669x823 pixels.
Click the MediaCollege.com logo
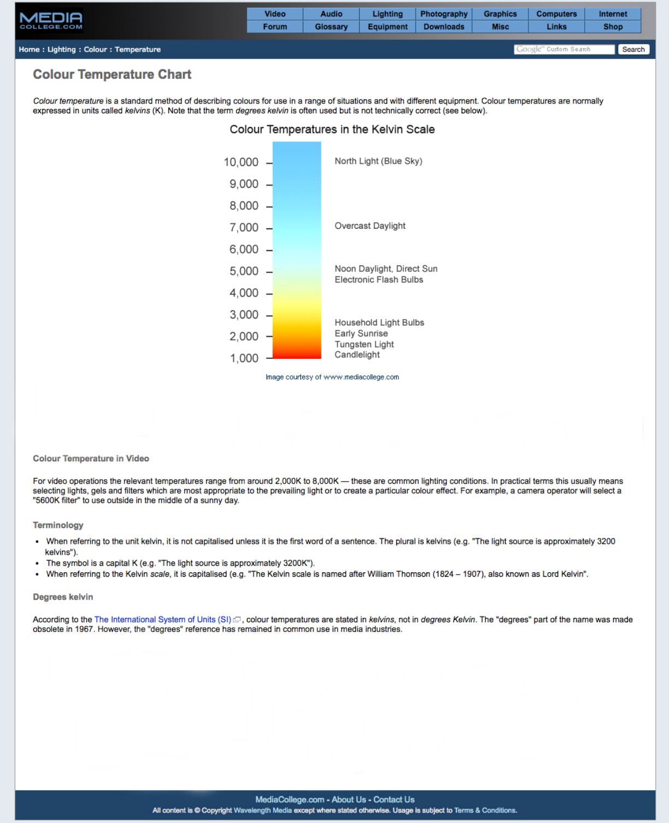pos(51,21)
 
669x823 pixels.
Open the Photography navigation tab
pos(444,14)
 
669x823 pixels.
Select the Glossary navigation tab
pos(331,27)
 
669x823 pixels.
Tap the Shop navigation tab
pos(613,27)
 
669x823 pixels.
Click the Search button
pos(633,49)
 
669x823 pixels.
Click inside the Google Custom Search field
pos(564,49)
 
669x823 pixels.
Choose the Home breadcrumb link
pos(29,49)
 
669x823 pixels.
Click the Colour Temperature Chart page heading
pos(112,74)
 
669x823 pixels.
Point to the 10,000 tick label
pos(241,162)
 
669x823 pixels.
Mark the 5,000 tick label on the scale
pos(244,271)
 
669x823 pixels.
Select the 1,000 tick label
pos(244,358)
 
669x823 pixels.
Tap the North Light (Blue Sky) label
pos(378,161)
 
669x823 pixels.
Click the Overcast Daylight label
pos(370,226)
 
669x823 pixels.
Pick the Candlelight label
pos(357,355)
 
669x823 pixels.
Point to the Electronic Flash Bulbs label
pos(379,280)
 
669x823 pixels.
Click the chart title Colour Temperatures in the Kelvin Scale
pos(332,130)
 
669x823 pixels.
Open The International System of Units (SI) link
pos(163,619)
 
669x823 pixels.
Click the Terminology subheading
pos(58,525)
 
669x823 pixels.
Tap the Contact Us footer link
pos(394,799)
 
